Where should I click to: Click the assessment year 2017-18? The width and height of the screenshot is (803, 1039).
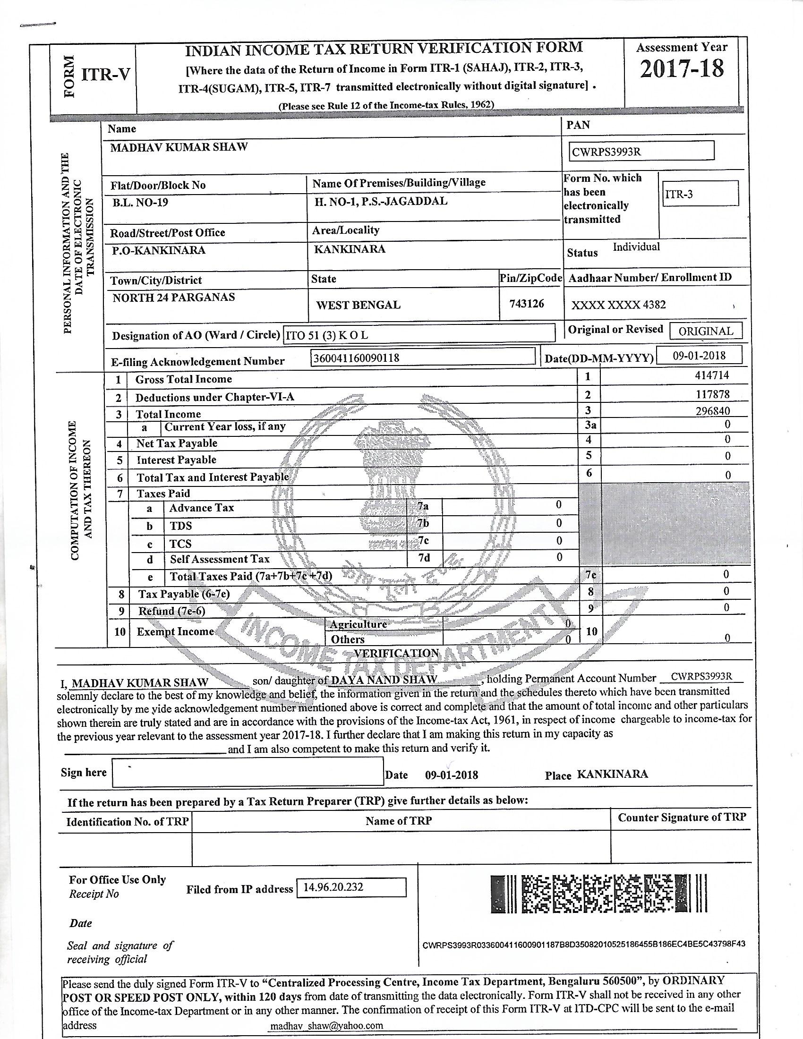[681, 69]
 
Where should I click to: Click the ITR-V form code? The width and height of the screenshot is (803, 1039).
[106, 75]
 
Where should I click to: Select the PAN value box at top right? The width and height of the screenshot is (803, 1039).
[641, 151]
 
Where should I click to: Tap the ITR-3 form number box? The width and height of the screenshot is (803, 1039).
[700, 193]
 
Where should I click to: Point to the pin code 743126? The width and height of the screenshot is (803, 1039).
[527, 304]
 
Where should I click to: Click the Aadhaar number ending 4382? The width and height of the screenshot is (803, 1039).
[618, 305]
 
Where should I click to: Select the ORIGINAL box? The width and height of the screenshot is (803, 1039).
[706, 331]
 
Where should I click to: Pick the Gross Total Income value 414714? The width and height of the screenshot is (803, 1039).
[712, 375]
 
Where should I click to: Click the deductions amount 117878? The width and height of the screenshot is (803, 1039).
[712, 394]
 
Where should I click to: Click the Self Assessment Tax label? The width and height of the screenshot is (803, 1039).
[220, 559]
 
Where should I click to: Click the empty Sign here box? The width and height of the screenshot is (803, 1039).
[248, 772]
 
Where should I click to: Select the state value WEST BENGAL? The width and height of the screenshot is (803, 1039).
[358, 305]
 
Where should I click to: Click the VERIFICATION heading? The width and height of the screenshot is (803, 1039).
[396, 653]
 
